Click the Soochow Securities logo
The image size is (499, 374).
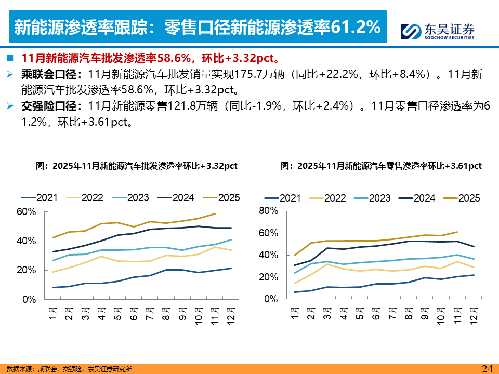coord(438,32)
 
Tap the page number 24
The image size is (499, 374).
coord(487,369)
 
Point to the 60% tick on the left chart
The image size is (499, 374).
coord(26,212)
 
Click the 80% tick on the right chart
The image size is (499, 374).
coord(269,210)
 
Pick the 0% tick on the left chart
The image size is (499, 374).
coord(29,300)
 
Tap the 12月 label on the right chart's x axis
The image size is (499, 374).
coord(474,315)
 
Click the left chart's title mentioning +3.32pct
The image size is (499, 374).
coord(136,166)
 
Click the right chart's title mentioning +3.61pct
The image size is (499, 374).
coord(381,166)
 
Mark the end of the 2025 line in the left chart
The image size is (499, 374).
coord(215,213)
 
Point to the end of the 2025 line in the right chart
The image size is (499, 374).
coord(457,232)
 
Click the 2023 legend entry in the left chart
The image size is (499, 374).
coord(131,198)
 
